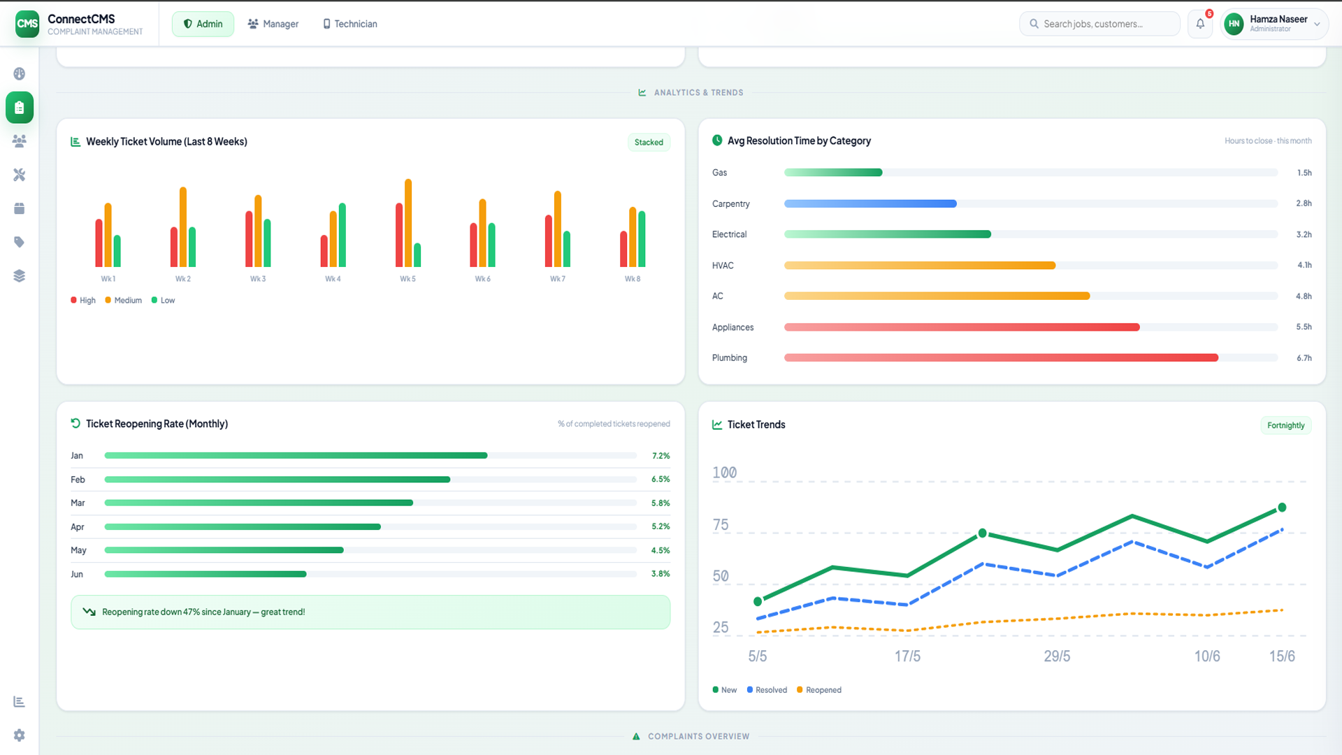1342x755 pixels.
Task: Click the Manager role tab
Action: [273, 24]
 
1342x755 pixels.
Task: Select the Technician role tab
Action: [349, 24]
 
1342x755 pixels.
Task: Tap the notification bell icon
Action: [1200, 24]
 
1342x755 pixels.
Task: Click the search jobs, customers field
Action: [1099, 24]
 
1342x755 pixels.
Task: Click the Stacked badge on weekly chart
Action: [649, 143]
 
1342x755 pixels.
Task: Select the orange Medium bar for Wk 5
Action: [408, 223]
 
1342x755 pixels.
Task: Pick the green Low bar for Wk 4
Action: [342, 235]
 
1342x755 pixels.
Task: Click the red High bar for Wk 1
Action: [99, 243]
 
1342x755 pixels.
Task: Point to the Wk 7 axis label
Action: [558, 279]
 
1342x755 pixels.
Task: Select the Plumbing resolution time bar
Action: [1001, 358]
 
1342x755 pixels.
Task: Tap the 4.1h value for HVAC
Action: [1304, 266]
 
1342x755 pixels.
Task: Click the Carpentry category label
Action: [731, 204]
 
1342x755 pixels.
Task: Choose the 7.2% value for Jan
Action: [661, 456]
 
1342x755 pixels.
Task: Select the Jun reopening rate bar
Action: [205, 575]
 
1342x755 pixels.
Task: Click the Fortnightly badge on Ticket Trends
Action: [1286, 426]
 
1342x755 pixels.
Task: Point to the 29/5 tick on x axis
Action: [1057, 656]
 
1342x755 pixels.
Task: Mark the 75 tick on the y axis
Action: [721, 525]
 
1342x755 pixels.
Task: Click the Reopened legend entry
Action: [819, 690]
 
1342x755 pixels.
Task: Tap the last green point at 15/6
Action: [1282, 508]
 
